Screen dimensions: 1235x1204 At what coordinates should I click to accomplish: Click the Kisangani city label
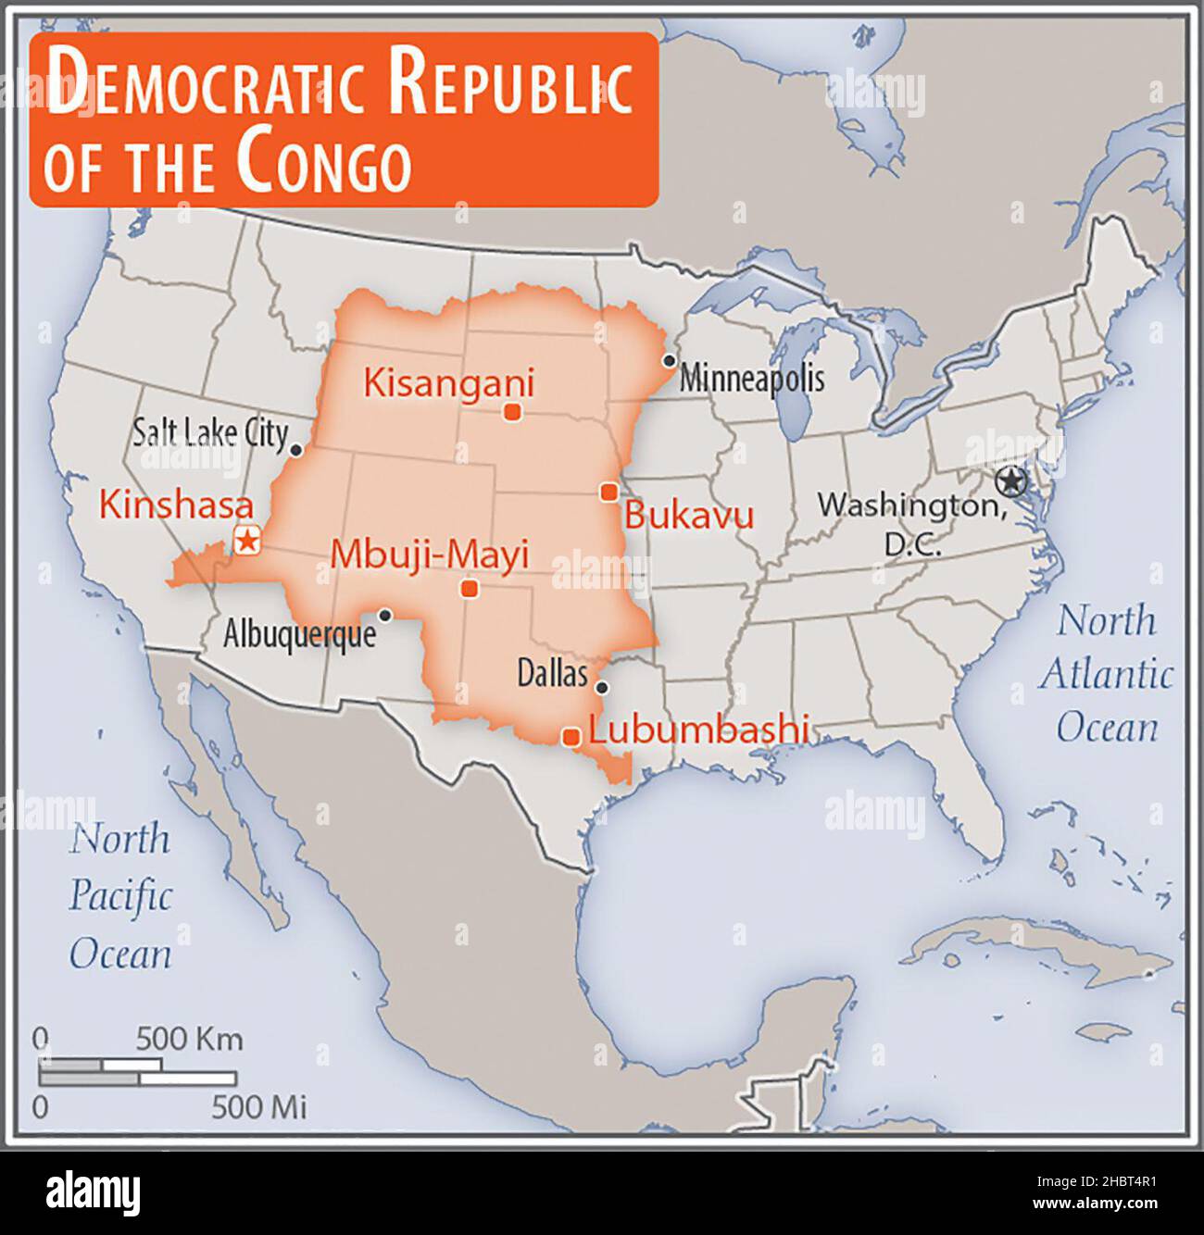(x=448, y=382)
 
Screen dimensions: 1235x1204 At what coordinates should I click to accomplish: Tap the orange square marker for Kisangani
(x=510, y=412)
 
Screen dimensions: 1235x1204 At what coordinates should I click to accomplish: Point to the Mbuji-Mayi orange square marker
(x=470, y=588)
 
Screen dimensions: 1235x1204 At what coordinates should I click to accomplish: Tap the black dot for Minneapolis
(x=669, y=360)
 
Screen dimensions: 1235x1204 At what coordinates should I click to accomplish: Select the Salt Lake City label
(x=210, y=432)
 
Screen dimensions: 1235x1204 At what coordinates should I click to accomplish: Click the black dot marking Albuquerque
(x=385, y=615)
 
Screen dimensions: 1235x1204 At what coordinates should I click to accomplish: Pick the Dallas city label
(x=552, y=674)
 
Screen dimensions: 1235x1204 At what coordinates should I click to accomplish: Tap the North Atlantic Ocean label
(x=1107, y=674)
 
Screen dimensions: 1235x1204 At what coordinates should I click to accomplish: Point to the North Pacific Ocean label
(x=120, y=896)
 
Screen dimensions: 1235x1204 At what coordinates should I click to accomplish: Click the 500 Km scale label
(x=190, y=1039)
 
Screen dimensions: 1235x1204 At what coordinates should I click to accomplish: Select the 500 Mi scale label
(x=258, y=1106)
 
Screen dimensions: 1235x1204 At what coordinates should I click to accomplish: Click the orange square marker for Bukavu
(x=608, y=492)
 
